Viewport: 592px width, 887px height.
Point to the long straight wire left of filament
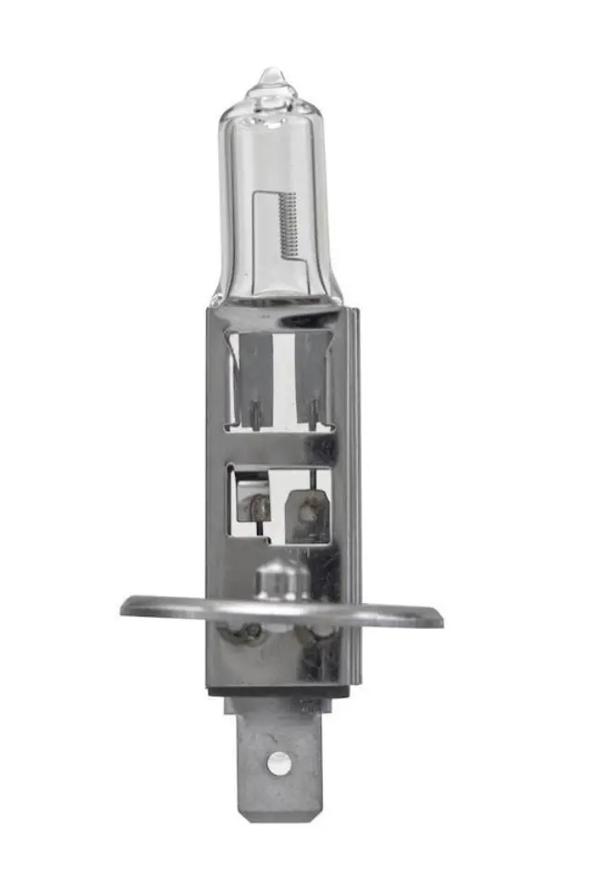pos(258,236)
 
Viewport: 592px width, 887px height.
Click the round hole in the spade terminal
pos(274,762)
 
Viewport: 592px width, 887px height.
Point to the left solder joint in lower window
pos(253,505)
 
